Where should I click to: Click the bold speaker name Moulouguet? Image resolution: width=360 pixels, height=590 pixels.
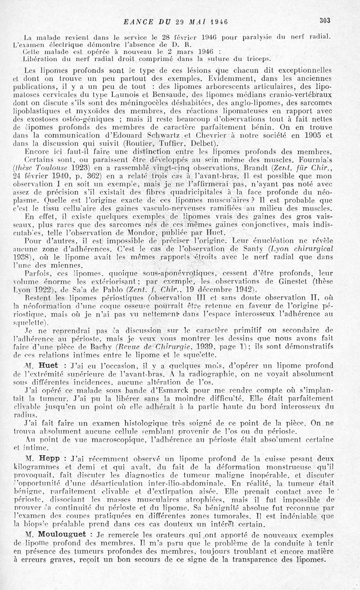click(67, 534)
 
